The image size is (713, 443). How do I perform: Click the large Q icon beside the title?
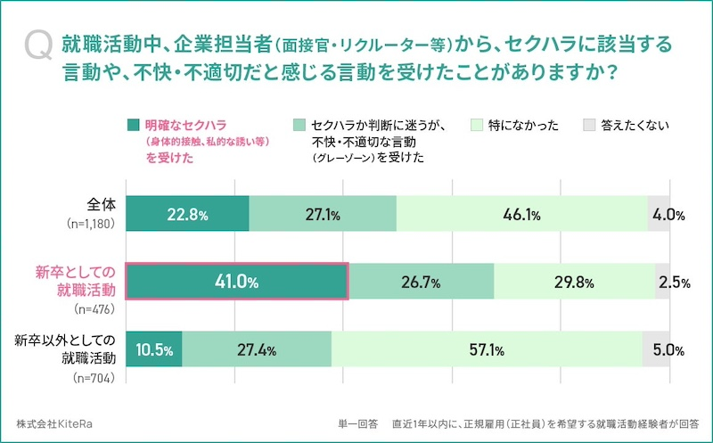pos(38,45)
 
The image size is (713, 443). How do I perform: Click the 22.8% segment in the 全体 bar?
pos(187,214)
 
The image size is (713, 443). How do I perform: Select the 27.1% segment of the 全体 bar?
pos(322,214)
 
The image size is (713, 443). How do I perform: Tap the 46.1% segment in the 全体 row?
pos(521,214)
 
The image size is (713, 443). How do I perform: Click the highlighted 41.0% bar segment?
pos(236,282)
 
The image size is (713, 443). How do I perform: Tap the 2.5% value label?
pos(674,283)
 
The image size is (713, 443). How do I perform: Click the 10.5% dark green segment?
pos(154,349)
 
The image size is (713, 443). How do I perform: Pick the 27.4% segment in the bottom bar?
pos(257,349)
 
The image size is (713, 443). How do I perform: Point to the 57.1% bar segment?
pos(487,349)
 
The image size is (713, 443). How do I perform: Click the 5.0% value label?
pos(668,349)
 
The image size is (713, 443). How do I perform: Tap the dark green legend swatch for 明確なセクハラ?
pos(134,125)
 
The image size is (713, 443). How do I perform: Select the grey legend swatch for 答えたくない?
pos(588,125)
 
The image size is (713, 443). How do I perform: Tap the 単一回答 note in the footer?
pos(357,423)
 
